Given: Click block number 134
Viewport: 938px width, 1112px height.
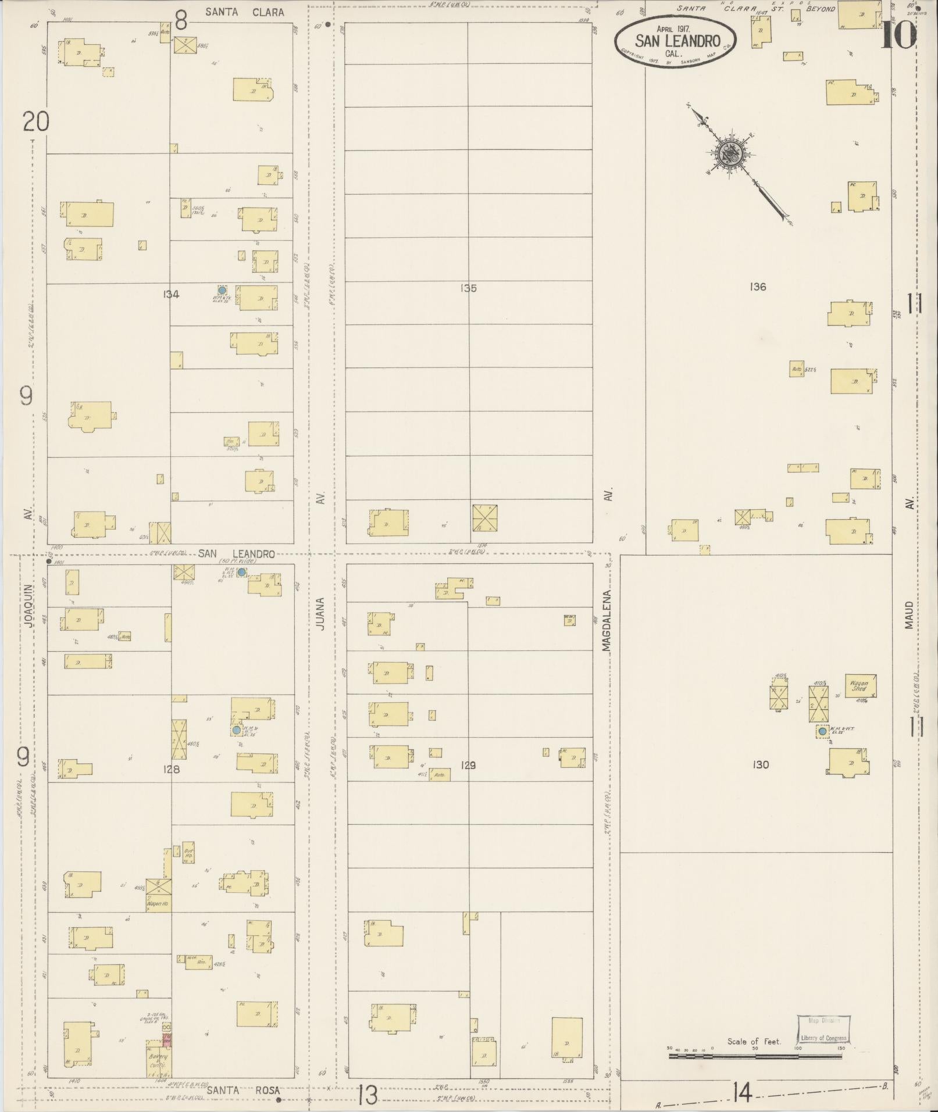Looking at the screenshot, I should coord(171,294).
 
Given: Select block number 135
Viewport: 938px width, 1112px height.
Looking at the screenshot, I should coord(468,288).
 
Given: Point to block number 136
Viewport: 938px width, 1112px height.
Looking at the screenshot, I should coord(758,287).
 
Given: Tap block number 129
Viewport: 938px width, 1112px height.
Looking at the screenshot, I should coord(468,765).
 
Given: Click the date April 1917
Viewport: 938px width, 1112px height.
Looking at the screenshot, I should coord(675,28).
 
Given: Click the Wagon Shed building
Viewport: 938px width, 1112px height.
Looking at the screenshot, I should coord(860,686).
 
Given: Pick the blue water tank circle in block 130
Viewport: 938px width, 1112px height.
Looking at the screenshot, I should coord(822,731).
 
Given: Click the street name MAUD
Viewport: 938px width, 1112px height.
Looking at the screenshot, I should coord(909,614).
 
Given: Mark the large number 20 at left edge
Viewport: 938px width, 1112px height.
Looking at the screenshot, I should coord(36,122).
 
